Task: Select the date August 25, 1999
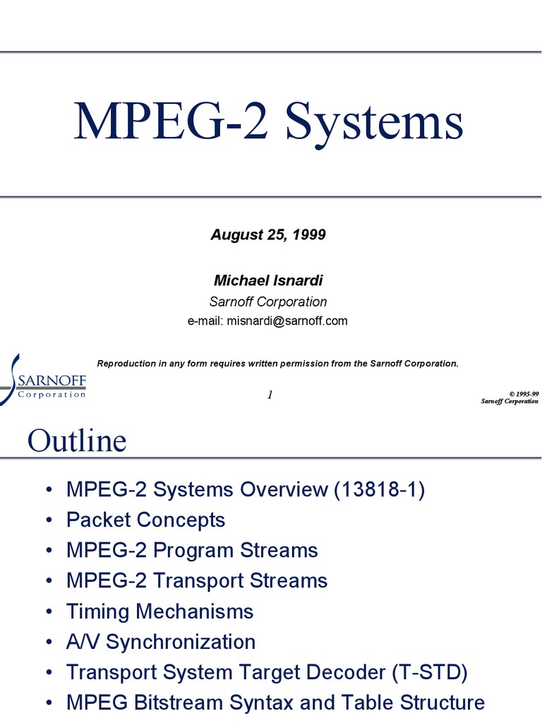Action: [x=268, y=235]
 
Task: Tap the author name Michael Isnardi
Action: [x=268, y=280]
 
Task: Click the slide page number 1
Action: [x=270, y=395]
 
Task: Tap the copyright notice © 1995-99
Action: [x=523, y=393]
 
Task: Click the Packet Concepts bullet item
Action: [x=145, y=520]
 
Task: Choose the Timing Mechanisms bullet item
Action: [x=159, y=611]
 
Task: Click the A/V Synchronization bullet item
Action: [x=161, y=642]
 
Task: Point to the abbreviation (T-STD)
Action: [x=430, y=672]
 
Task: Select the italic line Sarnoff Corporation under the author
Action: [x=268, y=301]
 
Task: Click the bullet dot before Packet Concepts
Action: [x=47, y=521]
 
